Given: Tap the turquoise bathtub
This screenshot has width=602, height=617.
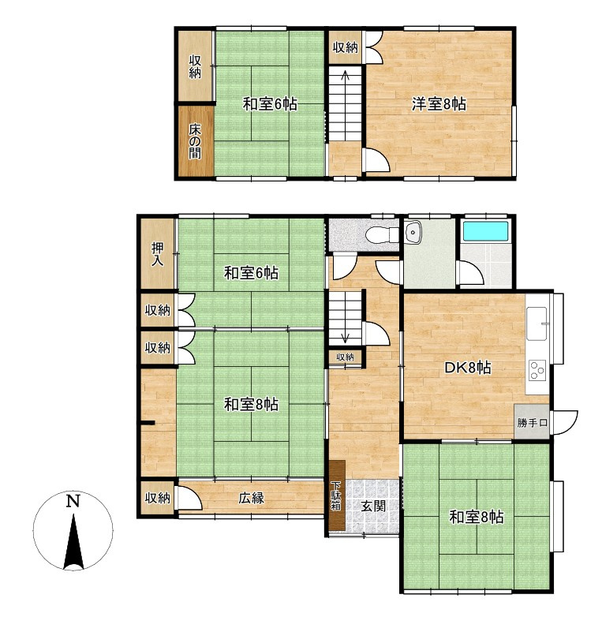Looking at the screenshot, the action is tap(485, 231).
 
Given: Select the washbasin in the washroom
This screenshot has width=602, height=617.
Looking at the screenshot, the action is tap(413, 232).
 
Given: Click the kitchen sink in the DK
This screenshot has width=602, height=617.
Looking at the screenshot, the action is tap(537, 323).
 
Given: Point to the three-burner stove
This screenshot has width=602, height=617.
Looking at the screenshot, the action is tap(537, 370).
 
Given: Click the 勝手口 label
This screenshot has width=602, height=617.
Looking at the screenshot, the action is tap(532, 423).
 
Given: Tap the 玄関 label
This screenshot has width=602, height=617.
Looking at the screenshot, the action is tap(373, 506).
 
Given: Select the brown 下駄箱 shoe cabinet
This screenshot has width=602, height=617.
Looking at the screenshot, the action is tap(337, 495).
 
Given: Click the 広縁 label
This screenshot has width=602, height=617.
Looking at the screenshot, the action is tap(251, 498).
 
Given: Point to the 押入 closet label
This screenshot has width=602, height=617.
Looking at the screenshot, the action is tap(157, 254).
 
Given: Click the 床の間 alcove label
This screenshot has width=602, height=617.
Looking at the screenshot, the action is tap(195, 141).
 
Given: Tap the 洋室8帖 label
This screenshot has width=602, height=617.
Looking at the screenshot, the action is tap(439, 104).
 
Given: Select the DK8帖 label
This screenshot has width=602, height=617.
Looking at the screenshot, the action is tap(467, 368).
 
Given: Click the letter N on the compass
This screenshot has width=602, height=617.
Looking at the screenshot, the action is tap(73, 501).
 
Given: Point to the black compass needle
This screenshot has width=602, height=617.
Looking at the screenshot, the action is tap(73, 543).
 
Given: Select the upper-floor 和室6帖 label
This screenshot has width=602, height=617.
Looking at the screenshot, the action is tap(270, 104).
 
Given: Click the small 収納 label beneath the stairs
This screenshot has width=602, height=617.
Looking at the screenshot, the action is tap(345, 357).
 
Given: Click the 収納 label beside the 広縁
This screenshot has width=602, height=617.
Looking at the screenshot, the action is tap(157, 498).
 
